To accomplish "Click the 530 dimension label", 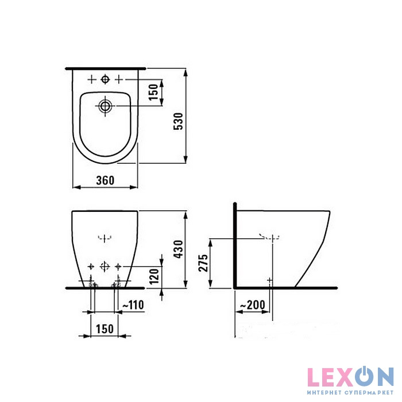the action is click(x=179, y=121).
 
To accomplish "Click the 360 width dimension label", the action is click(x=105, y=180).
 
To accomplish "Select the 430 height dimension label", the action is click(x=179, y=249).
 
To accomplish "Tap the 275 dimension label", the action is click(x=203, y=263).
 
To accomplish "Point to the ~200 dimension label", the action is click(x=252, y=305).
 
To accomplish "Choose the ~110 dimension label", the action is click(x=133, y=305).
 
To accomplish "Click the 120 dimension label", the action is click(x=154, y=277).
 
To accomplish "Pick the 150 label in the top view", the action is click(x=153, y=92).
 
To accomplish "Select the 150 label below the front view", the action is click(x=105, y=329).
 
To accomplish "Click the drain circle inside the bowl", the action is click(x=105, y=106).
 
